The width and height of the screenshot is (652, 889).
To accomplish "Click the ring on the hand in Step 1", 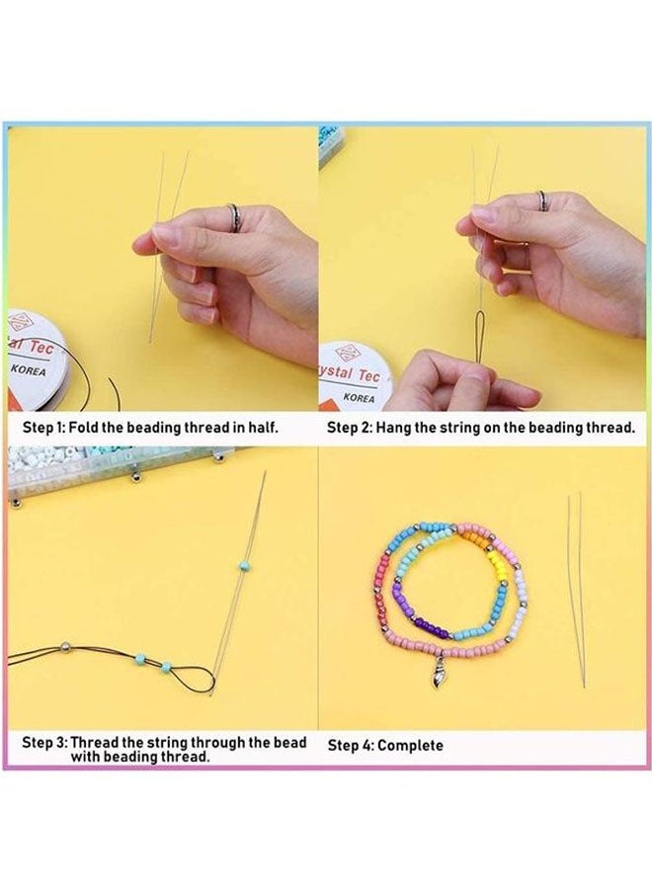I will coord(232,214).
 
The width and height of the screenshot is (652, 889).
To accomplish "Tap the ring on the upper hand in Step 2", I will coord(542,201).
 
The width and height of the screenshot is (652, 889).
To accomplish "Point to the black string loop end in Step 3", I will coord(203,674).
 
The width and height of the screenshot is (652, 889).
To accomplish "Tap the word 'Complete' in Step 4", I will coord(410,745).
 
